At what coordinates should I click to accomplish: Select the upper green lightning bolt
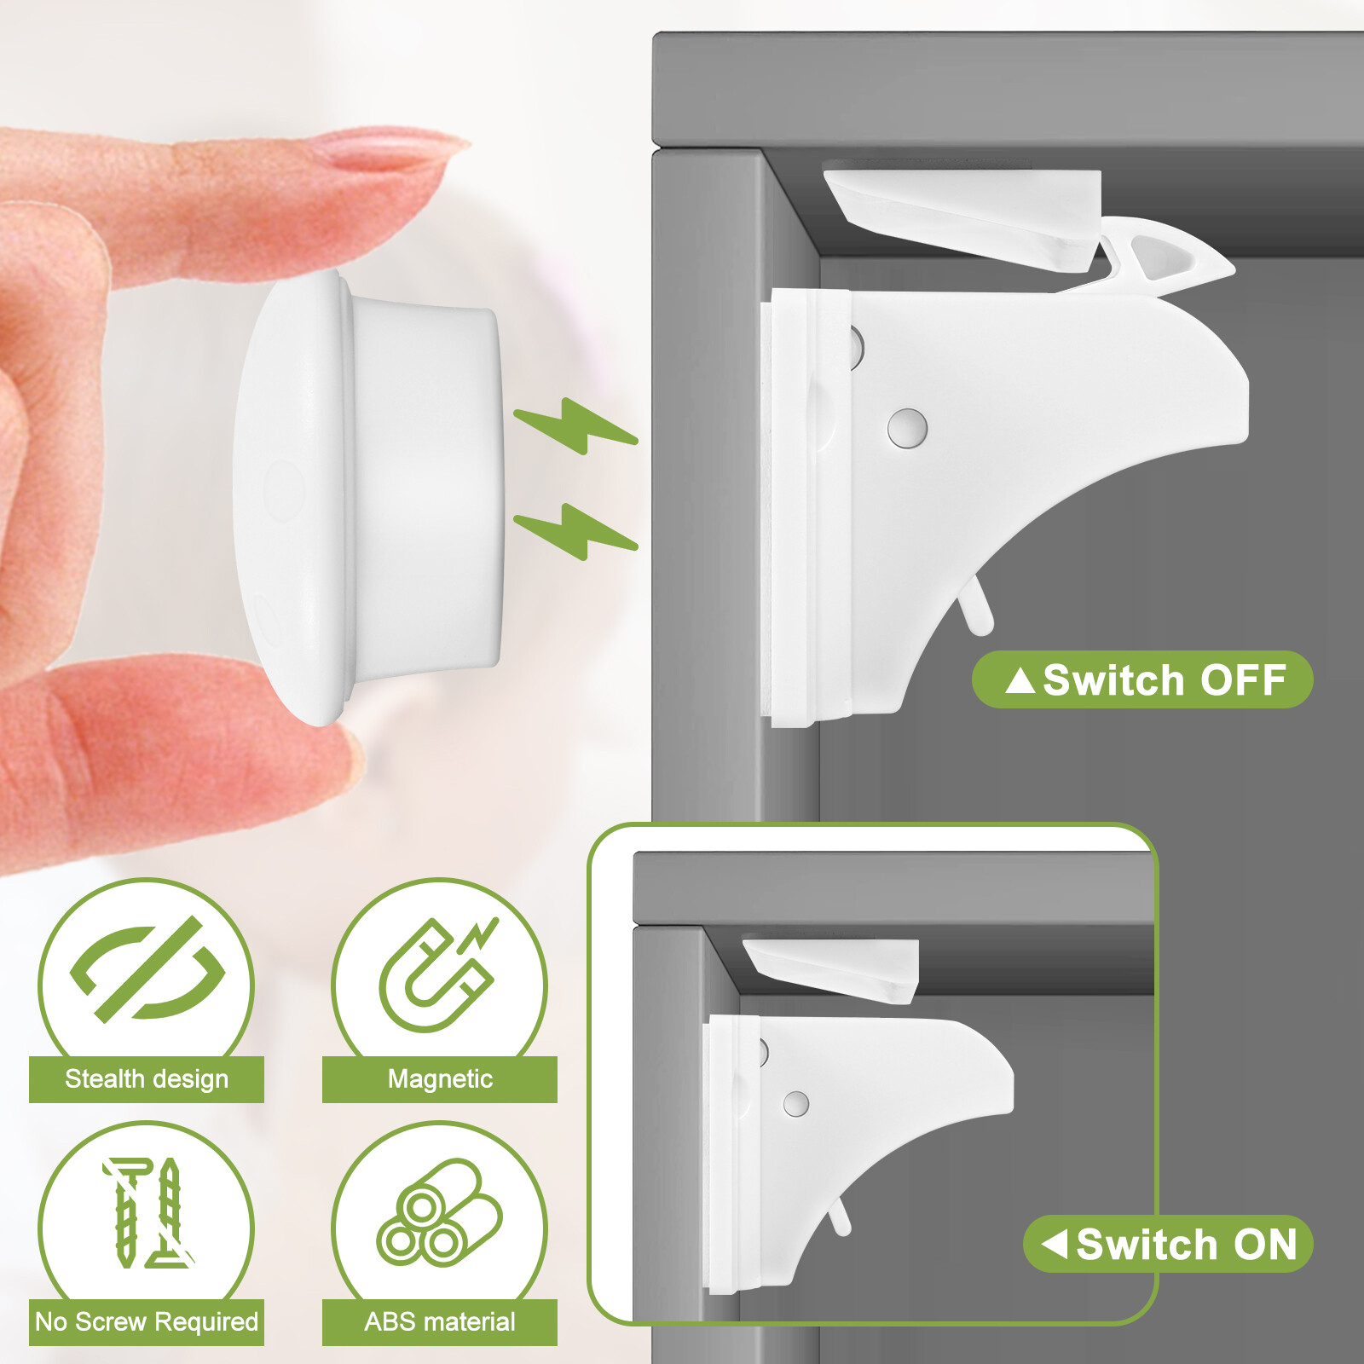point(575,425)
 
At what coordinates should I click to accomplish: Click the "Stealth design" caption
point(147,1079)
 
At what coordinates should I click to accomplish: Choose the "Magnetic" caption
point(440,1079)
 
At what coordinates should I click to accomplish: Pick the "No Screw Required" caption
point(147,1322)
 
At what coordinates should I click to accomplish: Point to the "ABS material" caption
point(440,1322)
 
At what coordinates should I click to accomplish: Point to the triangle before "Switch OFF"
point(1020,680)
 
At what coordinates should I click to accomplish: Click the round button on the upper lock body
point(907,427)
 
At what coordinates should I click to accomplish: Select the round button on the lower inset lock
point(795,1105)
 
